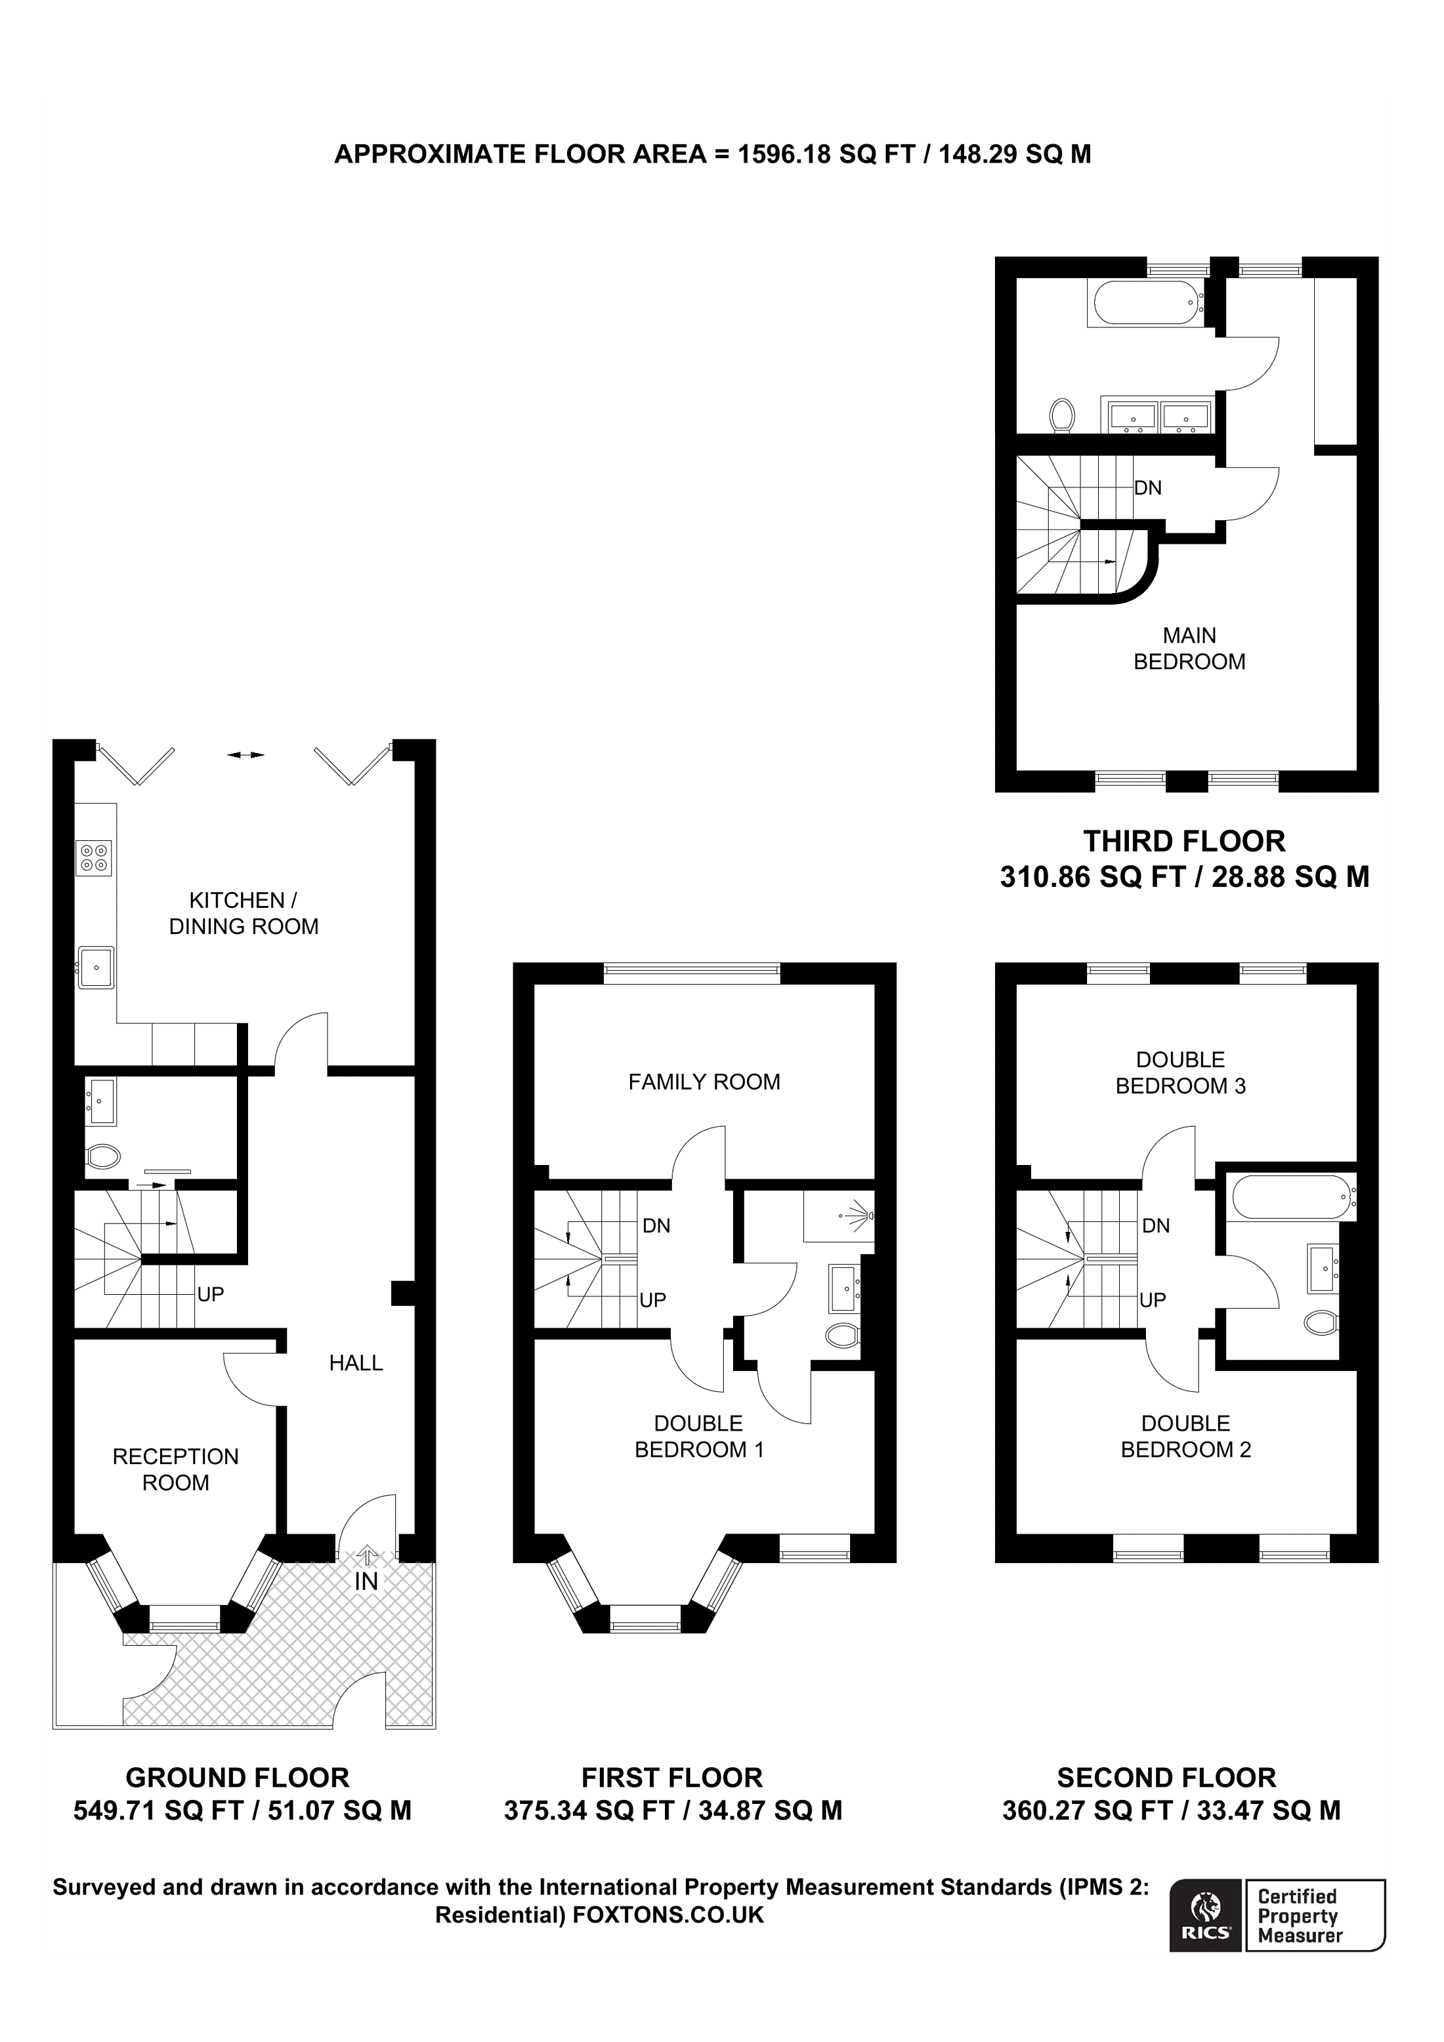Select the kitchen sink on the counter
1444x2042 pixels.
pos(96,967)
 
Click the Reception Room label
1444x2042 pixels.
pos(175,1469)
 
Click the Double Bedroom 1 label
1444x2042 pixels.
pos(698,1437)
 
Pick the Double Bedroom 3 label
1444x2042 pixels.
pos(1181,1072)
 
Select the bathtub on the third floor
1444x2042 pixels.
pos(1146,303)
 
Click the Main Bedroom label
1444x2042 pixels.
pos(1189,648)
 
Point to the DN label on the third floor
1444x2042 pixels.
pos(1148,487)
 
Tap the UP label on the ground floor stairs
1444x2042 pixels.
pos(210,1294)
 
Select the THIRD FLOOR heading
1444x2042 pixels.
pos(1184,842)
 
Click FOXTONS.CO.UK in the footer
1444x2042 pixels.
pos(668,1915)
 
